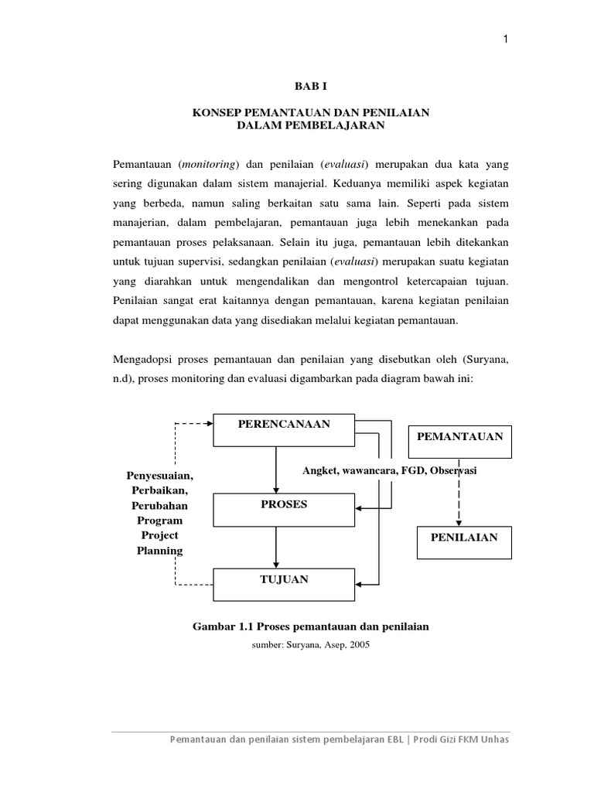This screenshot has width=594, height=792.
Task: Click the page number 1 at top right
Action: click(505, 41)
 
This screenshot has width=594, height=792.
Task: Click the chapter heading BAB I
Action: click(310, 89)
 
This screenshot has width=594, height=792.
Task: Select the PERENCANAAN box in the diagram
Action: click(283, 430)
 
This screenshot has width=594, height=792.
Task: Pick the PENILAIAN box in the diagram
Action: click(464, 542)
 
